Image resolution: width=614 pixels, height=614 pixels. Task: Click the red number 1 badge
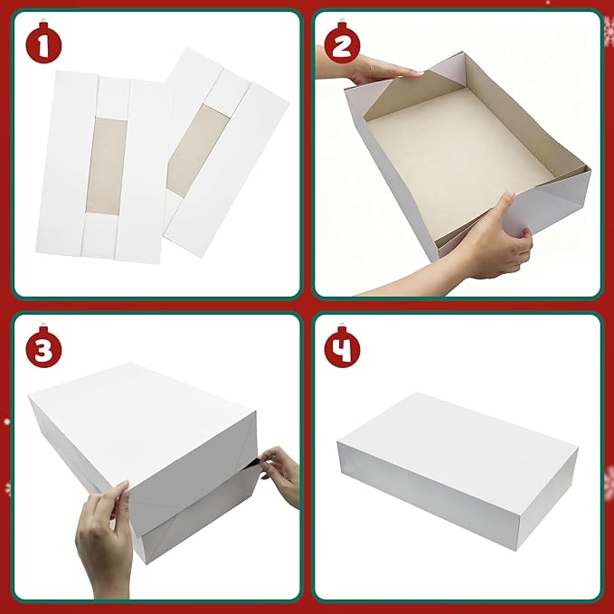43,44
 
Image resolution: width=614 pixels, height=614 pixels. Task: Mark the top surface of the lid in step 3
136,407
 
